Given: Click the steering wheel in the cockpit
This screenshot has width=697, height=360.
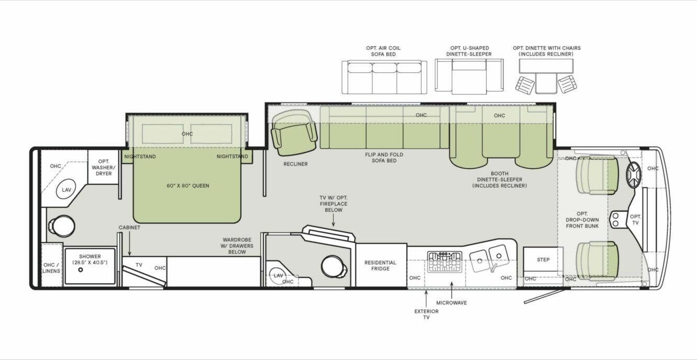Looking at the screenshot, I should [633, 175].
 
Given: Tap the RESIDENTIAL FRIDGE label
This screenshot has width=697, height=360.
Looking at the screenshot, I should [380, 266].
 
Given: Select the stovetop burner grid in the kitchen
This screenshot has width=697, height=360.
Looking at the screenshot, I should [445, 262].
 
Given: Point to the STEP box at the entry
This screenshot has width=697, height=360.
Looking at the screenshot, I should [543, 260].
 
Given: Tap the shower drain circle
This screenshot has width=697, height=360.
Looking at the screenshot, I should [81, 271].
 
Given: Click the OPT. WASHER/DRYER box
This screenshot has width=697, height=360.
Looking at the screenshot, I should [104, 167].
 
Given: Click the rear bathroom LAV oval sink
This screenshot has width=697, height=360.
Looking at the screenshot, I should [66, 189].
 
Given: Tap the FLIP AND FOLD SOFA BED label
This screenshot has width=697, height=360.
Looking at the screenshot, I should [384, 157].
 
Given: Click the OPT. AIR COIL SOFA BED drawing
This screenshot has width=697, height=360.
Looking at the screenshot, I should [384, 77].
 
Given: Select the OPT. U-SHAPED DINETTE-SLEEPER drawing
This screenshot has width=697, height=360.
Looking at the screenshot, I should [469, 76].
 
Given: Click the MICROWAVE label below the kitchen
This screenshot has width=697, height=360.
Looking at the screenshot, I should [452, 302].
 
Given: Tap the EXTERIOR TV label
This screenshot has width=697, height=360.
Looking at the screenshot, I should [426, 314].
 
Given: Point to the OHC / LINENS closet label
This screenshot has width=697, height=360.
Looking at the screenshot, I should [52, 267].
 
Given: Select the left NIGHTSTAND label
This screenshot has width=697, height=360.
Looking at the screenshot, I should [140, 156].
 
